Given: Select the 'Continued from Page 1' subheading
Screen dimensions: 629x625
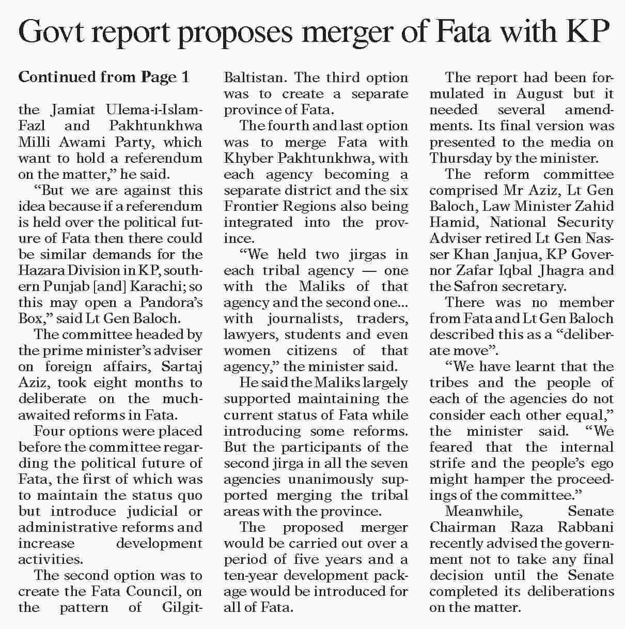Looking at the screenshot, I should pyautogui.click(x=104, y=77).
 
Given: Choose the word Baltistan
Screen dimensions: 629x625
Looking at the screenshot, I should pyautogui.click(x=254, y=78).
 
